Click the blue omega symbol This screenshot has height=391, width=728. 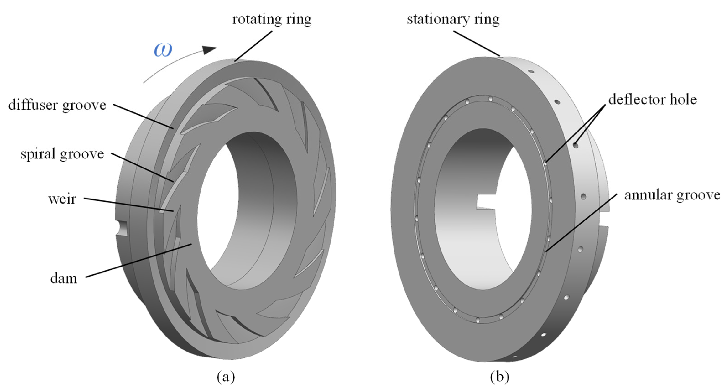163,50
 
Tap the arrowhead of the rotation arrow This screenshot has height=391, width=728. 209,50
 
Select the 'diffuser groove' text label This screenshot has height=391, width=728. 57,105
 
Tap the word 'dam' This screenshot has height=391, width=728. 64,279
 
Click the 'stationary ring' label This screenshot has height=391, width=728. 453,19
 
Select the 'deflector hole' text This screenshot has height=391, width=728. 652,99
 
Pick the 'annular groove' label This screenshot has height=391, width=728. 672,195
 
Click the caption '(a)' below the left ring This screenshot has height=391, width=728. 226,377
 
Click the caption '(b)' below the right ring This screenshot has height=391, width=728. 499,377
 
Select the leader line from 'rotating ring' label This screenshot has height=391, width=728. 253,46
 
